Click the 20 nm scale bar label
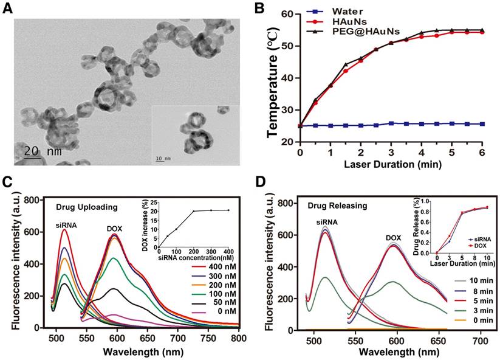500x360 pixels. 42,151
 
